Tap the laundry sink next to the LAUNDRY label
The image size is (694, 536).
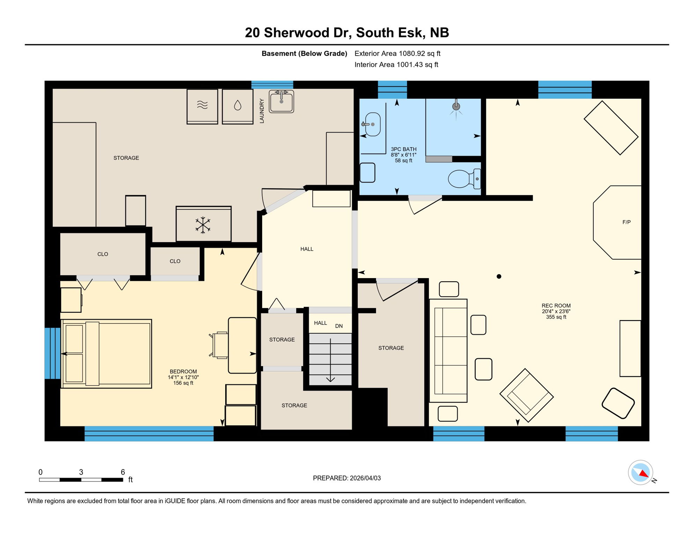tap(281, 102)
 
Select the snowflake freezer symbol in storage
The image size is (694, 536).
tap(203, 225)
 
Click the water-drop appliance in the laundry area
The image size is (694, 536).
tap(237, 106)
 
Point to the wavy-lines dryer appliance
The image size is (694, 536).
tap(202, 106)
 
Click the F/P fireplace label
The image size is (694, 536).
tap(626, 222)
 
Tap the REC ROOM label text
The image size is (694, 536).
tap(556, 306)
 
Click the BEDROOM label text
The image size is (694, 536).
tap(183, 372)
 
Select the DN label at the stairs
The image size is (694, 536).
tap(339, 326)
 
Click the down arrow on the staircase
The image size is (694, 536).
tap(330, 378)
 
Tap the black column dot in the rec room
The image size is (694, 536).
tap(499, 276)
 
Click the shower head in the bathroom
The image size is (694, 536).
tap(456, 106)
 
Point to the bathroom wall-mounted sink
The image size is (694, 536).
tap(372, 124)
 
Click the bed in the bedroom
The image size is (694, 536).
tap(106, 353)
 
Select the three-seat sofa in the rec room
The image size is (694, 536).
tap(448, 351)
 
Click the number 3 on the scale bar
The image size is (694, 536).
tap(81, 472)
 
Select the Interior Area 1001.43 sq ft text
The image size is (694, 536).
tap(396, 65)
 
